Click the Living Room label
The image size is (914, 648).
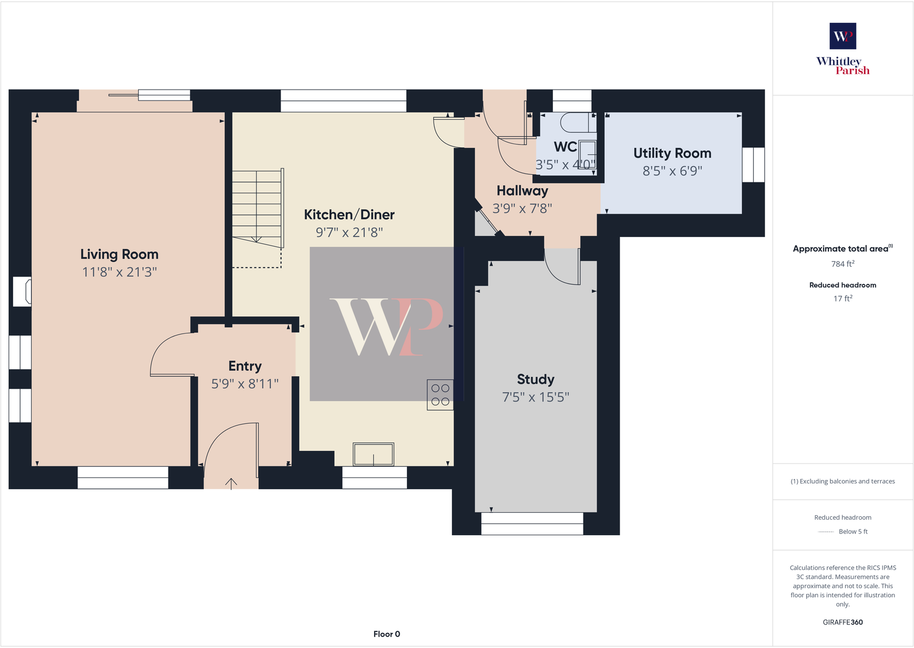pos(119,254)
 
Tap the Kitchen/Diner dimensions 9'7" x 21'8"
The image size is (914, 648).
pos(349,232)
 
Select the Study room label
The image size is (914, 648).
pos(535,379)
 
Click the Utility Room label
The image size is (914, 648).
pos(672,153)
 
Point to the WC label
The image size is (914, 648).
pos(565,147)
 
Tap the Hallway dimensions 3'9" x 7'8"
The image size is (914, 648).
pos(522,208)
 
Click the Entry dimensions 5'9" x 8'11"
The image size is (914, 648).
pos(245,384)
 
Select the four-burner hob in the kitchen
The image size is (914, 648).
pos(440,395)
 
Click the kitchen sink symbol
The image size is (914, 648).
pos(374,454)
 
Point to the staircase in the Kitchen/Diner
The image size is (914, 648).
pos(257,207)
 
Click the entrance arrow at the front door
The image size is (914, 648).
pos(231,484)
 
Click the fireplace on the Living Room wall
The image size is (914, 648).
pos(23,292)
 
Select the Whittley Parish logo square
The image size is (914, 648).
pos(842,36)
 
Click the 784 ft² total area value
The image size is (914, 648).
pos(842,264)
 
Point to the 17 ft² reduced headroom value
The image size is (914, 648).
pos(842,298)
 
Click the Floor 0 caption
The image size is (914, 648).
pos(386,634)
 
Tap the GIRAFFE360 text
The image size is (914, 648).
pos(842,622)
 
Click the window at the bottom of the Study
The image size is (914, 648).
pos(532,523)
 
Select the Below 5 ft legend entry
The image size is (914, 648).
pos(852,531)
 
